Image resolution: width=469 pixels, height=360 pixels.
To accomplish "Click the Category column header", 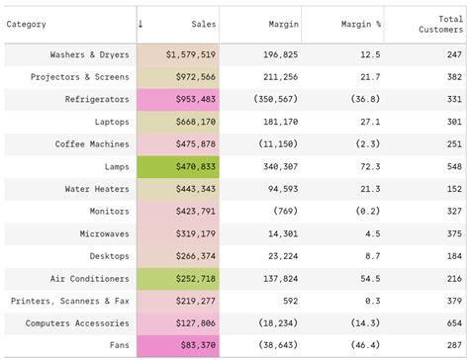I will point(26,24).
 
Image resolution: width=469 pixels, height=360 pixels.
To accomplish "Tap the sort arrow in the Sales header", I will point(141,23).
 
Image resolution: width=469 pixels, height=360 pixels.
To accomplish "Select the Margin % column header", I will point(360,24).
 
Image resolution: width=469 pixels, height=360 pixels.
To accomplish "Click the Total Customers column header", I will point(440,24).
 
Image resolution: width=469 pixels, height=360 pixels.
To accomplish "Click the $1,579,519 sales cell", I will point(191,54).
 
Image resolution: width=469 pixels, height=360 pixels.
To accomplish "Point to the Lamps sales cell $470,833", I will point(191,166).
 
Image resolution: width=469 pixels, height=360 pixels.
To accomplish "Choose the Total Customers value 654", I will point(453,322).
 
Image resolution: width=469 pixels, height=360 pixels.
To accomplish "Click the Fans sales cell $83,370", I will point(197,345).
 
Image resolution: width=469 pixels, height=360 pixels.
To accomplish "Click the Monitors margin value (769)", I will point(285,211).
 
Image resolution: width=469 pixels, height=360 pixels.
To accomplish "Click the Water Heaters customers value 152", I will point(453,189).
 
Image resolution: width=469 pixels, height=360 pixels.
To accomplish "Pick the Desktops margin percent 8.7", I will point(372,255).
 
